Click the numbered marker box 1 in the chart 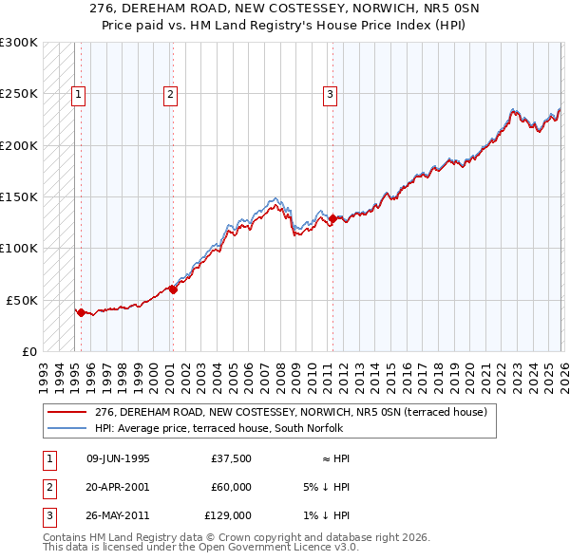tap(77, 94)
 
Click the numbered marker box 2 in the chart tap(169, 94)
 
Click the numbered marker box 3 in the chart tap(329, 94)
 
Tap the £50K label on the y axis tap(23, 300)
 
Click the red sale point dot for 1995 tap(81, 311)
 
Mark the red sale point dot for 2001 tap(173, 289)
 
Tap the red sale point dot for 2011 tap(332, 218)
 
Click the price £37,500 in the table tap(232, 458)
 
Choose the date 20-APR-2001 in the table tap(118, 487)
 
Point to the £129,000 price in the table tap(228, 515)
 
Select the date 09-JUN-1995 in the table tap(118, 458)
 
